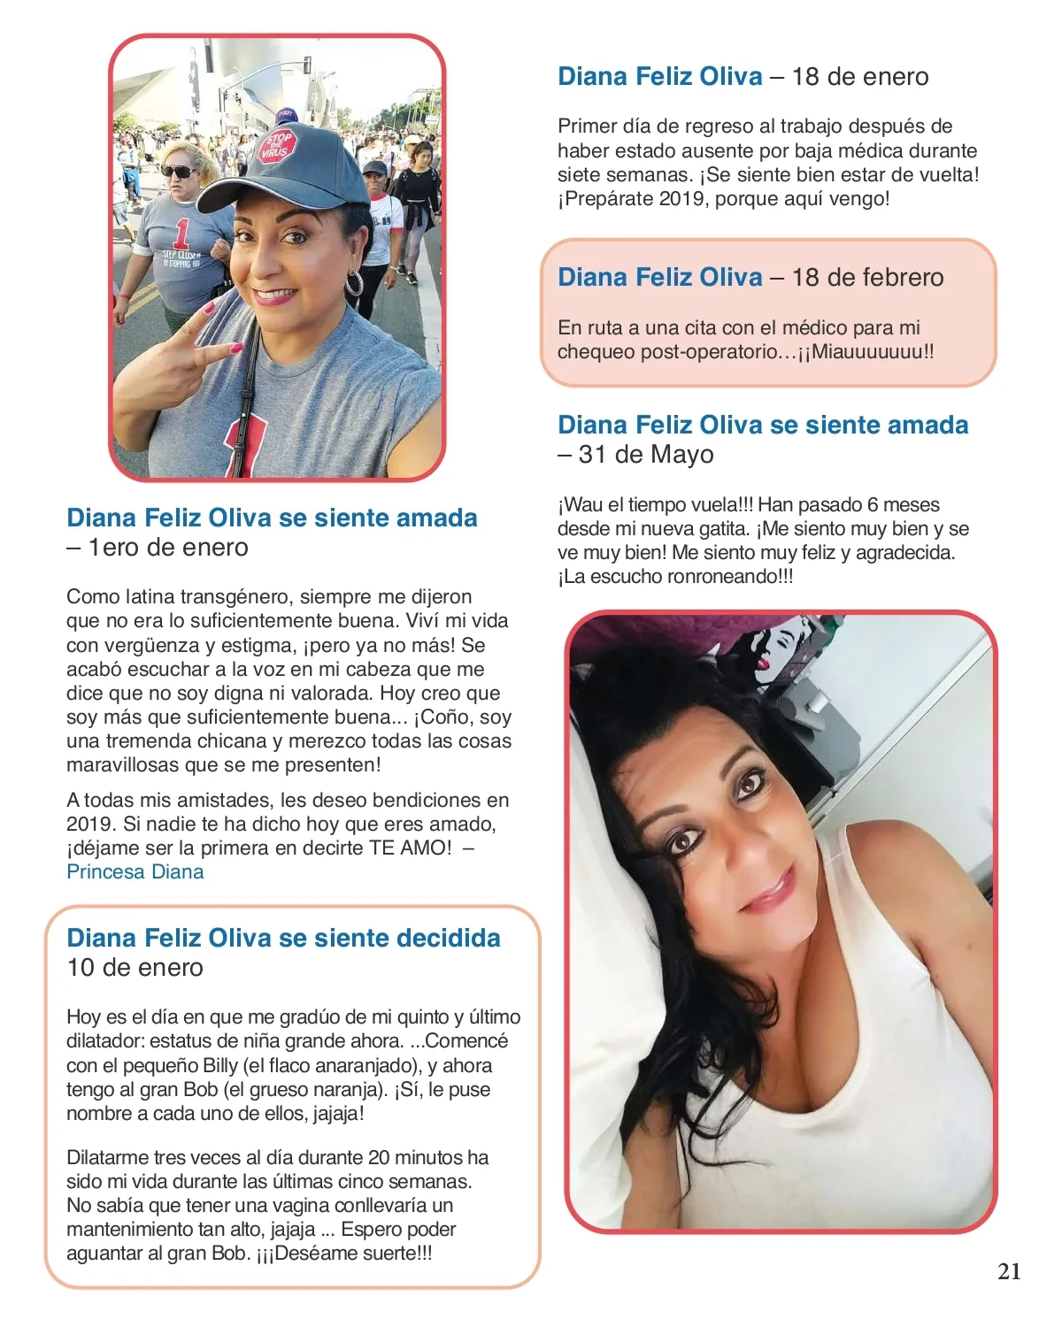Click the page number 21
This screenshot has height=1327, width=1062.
point(1009,1272)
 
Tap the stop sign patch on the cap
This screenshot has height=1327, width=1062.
point(278,146)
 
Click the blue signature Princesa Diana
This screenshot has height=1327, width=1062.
point(135,872)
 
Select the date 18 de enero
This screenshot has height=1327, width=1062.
point(860,77)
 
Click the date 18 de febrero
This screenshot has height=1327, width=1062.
point(867,278)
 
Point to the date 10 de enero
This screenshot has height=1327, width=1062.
point(135,968)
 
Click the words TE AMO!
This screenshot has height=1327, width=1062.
point(412,848)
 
